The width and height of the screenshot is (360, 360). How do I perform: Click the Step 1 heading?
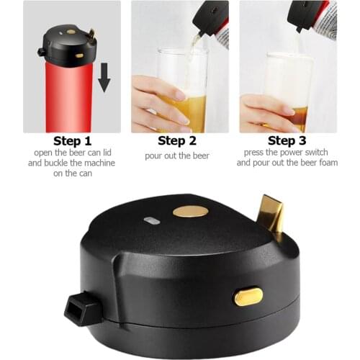tap(72, 140)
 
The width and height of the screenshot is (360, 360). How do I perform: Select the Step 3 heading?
tap(287, 140)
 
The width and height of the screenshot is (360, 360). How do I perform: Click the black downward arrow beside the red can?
tap(104, 78)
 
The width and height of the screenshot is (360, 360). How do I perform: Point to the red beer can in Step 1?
tap(69, 97)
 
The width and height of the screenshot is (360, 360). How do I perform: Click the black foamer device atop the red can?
tap(69, 45)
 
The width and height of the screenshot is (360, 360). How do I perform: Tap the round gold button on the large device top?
tap(190, 212)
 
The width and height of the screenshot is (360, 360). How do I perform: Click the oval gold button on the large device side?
tap(248, 296)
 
